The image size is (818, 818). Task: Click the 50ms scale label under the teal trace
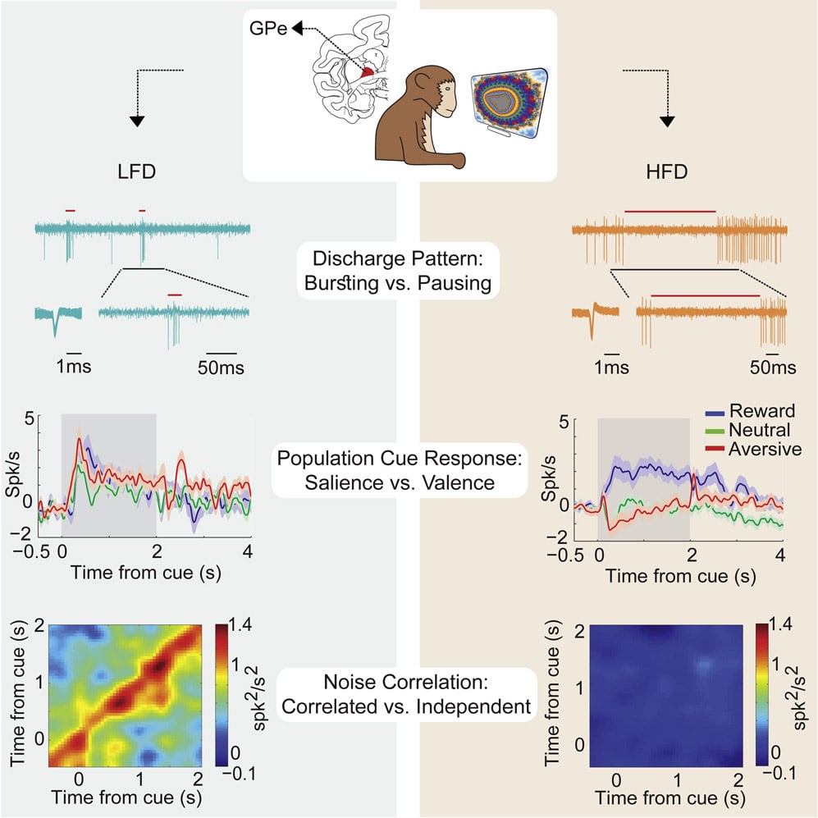(222, 367)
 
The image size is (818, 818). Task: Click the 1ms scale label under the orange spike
(608, 367)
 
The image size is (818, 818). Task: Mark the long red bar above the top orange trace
(669, 211)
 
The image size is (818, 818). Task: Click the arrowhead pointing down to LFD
(136, 121)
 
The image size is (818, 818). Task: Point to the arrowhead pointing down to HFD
(669, 121)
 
